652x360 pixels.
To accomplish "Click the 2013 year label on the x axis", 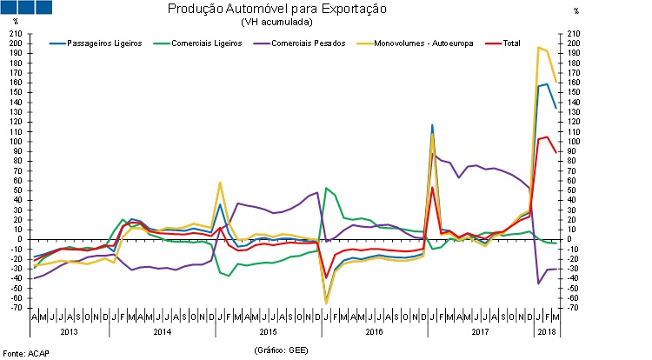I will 69,332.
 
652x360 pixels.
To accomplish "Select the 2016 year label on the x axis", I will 374,332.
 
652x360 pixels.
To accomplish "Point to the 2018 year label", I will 546,332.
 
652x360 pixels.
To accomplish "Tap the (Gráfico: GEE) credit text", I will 282,350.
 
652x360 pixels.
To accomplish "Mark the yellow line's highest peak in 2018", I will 539,47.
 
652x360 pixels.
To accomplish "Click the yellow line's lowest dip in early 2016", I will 326,303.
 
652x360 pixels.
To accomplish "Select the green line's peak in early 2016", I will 326,188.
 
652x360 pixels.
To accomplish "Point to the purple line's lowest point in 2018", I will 539,283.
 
